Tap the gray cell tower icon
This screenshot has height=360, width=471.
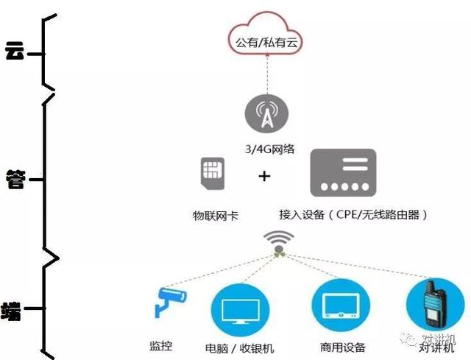pos(266,113)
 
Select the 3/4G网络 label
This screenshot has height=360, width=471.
pos(270,149)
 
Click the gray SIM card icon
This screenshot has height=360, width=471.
pos(213,174)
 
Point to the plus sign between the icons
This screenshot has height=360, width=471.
pos(264,176)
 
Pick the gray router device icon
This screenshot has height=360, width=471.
pos(343,173)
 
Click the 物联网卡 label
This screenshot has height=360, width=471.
pos(216,216)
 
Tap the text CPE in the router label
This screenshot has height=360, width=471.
pos(347,214)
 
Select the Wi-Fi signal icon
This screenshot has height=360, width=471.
pos(278,242)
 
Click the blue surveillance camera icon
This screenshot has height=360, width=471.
pos(170,301)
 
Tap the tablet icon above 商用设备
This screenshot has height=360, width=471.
pos(341,306)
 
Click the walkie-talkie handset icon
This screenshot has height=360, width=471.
pos(434,304)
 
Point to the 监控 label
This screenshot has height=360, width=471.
pos(161,346)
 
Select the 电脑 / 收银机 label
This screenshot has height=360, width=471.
pos(239,348)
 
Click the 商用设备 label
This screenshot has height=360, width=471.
pos(343,347)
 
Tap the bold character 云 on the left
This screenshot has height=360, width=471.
pos(15,50)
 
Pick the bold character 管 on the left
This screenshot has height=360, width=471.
pos(15,179)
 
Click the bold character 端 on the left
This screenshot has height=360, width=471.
pos(11,311)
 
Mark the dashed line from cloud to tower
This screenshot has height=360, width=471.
pos(267,74)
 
